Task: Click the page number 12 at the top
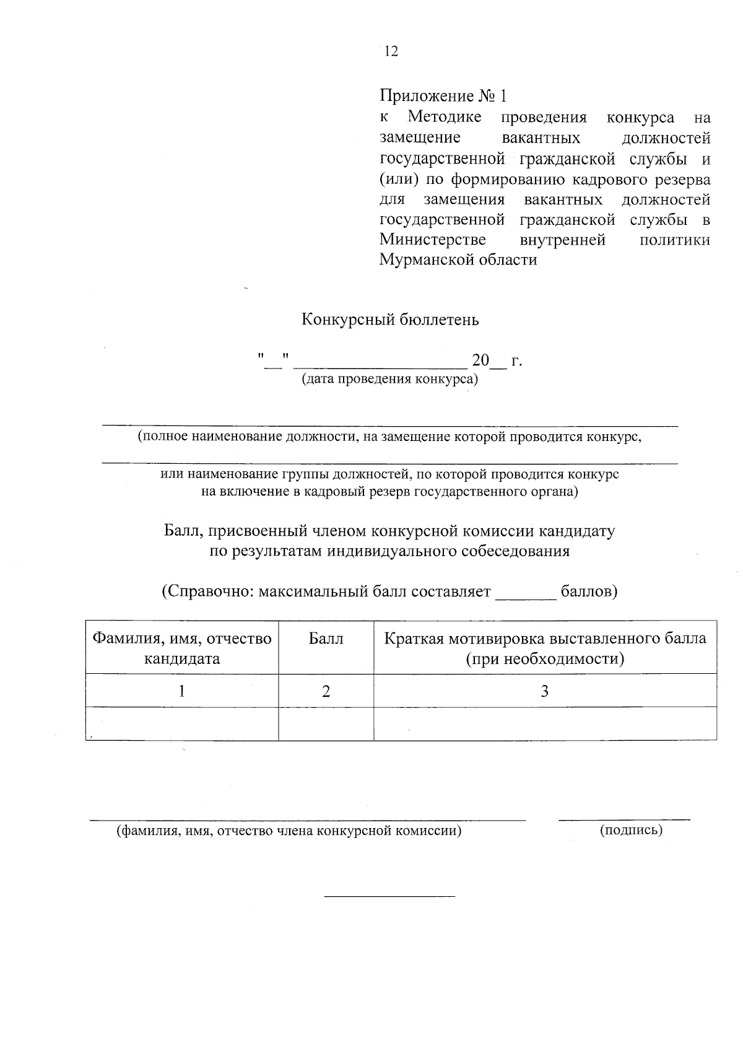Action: coord(391,51)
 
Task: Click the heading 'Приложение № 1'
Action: coord(443,96)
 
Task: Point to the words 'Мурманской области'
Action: coord(458,259)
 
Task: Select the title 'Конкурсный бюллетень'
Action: coord(390,320)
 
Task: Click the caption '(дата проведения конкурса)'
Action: coord(389,379)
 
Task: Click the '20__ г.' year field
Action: coord(497,360)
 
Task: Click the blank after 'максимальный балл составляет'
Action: coord(526,596)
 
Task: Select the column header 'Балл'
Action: coord(326,639)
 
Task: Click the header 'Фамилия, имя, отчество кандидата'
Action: coord(182,648)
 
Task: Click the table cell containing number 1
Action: coord(181,691)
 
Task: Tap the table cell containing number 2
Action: coord(326,691)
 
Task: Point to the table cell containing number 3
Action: coord(545,691)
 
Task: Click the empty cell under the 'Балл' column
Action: coord(326,724)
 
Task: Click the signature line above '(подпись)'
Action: coord(624,819)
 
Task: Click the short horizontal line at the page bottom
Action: coord(389,896)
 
